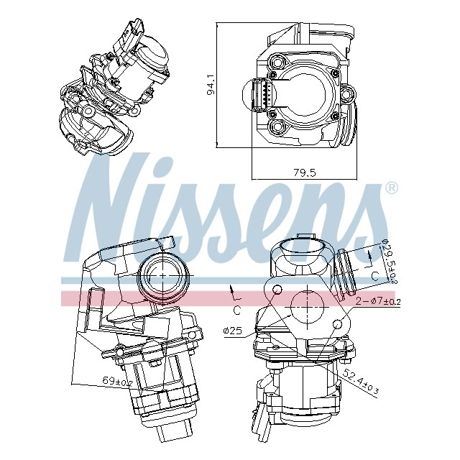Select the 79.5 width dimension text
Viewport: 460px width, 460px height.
tap(305, 172)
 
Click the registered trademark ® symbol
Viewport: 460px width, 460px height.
tap(391, 188)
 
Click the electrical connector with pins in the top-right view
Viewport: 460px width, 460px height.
tap(263, 96)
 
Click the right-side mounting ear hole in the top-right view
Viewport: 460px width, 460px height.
tap(347, 94)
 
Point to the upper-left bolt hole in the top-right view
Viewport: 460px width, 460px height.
tap(274, 63)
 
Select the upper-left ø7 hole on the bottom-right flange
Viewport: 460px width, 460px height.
tap(276, 288)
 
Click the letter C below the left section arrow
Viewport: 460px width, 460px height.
tap(236, 309)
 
